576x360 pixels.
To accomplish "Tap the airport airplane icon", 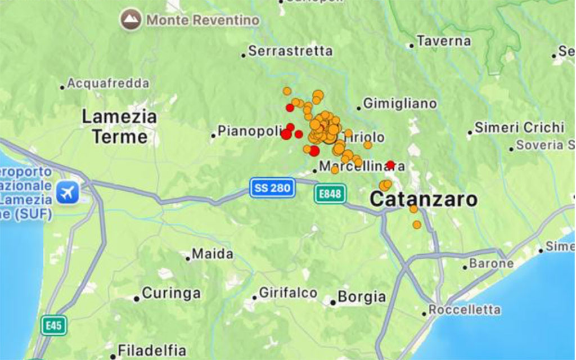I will click(x=67, y=193).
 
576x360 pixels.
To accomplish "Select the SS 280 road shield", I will click(x=273, y=188).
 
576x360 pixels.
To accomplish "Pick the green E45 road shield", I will click(x=54, y=325).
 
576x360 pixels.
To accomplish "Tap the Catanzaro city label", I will click(x=424, y=199).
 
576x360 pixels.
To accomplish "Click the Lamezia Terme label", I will click(x=119, y=127).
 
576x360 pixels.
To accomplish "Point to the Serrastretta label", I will click(x=290, y=51).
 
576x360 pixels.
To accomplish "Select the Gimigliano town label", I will click(x=399, y=103).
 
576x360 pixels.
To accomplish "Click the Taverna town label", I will click(x=444, y=41).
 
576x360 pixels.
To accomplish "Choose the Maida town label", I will click(x=212, y=254).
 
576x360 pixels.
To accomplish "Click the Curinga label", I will click(x=171, y=293).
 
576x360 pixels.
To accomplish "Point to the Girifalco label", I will click(x=287, y=293).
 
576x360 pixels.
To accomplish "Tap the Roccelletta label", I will click(x=464, y=310).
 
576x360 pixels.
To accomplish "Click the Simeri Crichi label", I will click(x=519, y=128).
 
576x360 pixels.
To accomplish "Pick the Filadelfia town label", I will click(x=151, y=349).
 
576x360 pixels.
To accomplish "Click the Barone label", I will click(x=491, y=263).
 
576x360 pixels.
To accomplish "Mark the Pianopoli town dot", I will click(x=213, y=135).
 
